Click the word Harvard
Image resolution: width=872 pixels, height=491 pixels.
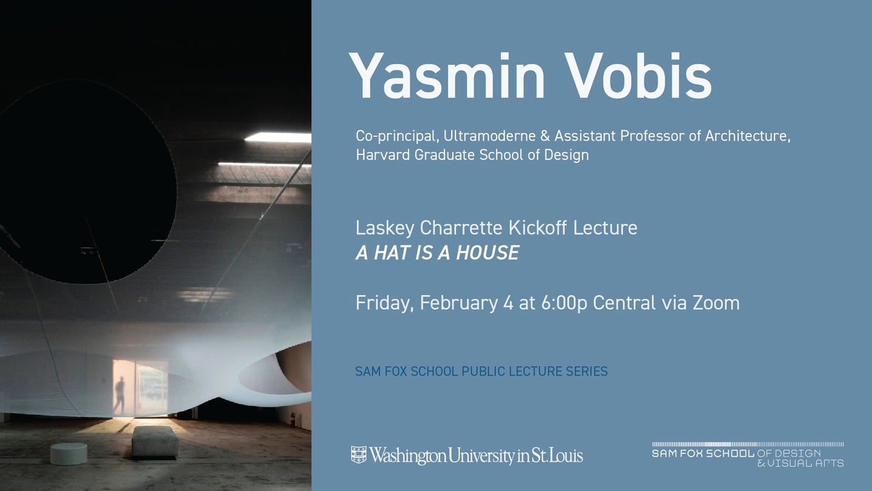pyautogui.click(x=383, y=155)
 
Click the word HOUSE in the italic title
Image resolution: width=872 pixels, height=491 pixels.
pyautogui.click(x=487, y=253)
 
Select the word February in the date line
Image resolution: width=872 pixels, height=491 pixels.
pyautogui.click(x=458, y=303)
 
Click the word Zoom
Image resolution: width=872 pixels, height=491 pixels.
pyautogui.click(x=716, y=303)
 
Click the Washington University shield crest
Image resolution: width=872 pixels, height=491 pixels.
pyautogui.click(x=358, y=455)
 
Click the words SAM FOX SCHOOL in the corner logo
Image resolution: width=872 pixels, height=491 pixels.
pyautogui.click(x=703, y=453)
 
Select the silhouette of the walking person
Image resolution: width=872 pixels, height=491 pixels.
pyautogui.click(x=121, y=395)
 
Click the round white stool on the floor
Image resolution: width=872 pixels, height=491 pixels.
pyautogui.click(x=69, y=453)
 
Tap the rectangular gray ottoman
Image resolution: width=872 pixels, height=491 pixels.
pyautogui.click(x=155, y=442)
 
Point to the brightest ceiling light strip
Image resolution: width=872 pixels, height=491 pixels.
pyautogui.click(x=278, y=137)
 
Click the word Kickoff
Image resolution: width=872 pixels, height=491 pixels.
pyautogui.click(x=538, y=228)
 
